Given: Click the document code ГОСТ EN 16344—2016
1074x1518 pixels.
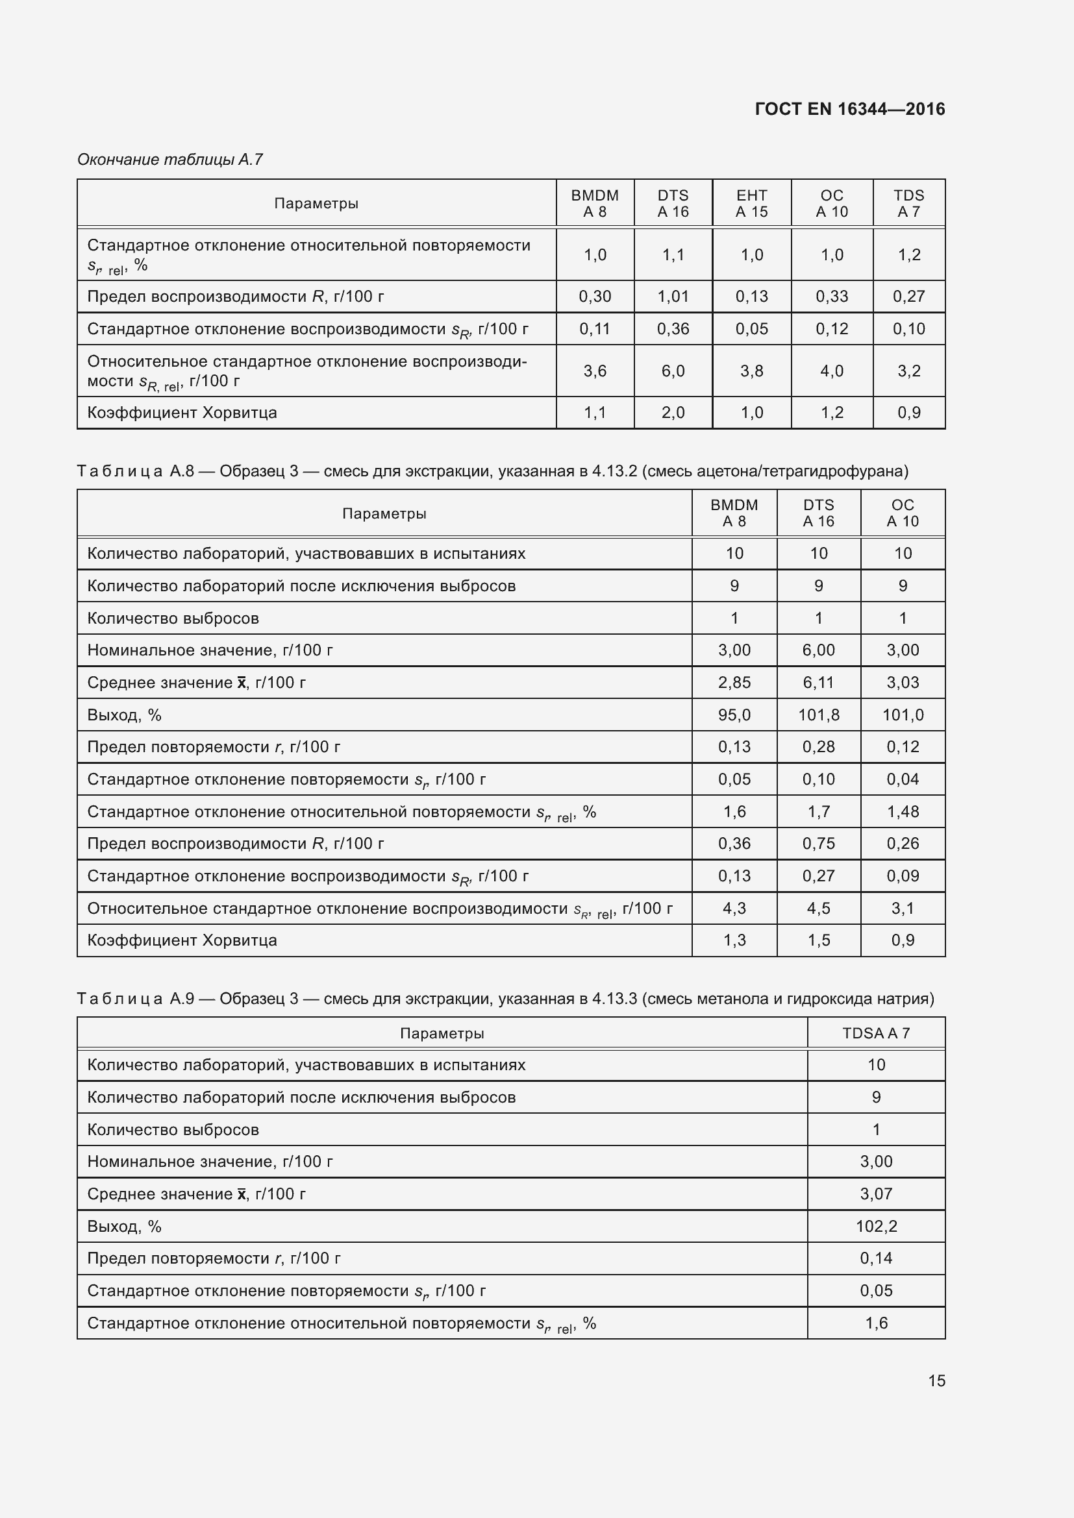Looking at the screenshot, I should pyautogui.click(x=849, y=109).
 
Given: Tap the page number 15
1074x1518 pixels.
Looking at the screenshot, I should pyautogui.click(x=936, y=1380).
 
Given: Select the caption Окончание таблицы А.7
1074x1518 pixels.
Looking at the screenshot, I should pyautogui.click(x=170, y=160).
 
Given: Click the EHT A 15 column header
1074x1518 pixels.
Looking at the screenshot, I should pyautogui.click(x=751, y=204).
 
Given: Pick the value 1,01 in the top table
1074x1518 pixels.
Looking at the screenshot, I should pyautogui.click(x=673, y=296).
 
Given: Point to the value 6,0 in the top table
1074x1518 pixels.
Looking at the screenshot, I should pyautogui.click(x=673, y=371).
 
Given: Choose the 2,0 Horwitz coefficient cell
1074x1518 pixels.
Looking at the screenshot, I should pyautogui.click(x=673, y=413).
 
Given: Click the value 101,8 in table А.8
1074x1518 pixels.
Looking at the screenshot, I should pyautogui.click(x=818, y=715).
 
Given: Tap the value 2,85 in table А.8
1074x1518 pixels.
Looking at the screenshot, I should pyautogui.click(x=734, y=682).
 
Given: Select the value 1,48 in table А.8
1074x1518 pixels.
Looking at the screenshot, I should pyautogui.click(x=903, y=811).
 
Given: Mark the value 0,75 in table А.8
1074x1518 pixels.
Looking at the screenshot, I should pyautogui.click(x=818, y=844).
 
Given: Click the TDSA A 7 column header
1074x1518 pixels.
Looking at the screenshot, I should pyautogui.click(x=875, y=1033).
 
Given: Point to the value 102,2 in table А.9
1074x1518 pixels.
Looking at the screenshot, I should pyautogui.click(x=875, y=1227).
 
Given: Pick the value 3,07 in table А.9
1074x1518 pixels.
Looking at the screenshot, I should pyautogui.click(x=875, y=1194).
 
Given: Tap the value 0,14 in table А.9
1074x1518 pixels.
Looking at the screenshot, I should pyautogui.click(x=875, y=1258).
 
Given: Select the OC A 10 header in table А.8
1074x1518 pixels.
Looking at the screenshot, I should pyautogui.click(x=903, y=513).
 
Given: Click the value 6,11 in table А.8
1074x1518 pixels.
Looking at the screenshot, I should pyautogui.click(x=818, y=682).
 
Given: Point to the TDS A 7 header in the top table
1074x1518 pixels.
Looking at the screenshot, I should pyautogui.click(x=908, y=204).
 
